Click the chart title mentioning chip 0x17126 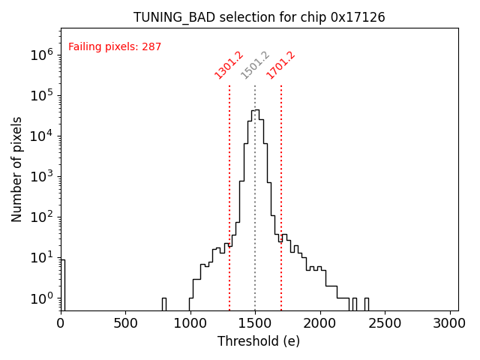coord(259,17)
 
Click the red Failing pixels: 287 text coord(115,47)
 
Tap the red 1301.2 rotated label coord(229,65)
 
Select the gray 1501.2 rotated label coord(255,65)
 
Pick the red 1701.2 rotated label coord(281,65)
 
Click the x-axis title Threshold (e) coord(259,341)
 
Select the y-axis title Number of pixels coord(17,169)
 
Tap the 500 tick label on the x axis coord(125,323)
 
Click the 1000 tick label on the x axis coord(190,323)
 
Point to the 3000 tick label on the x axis coord(450,323)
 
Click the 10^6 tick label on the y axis coord(40,55)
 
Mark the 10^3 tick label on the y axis coord(40,177)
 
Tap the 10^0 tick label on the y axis coord(40,298)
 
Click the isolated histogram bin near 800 coord(163,304)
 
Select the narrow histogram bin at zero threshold coord(62,285)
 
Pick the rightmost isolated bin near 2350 coord(366,304)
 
